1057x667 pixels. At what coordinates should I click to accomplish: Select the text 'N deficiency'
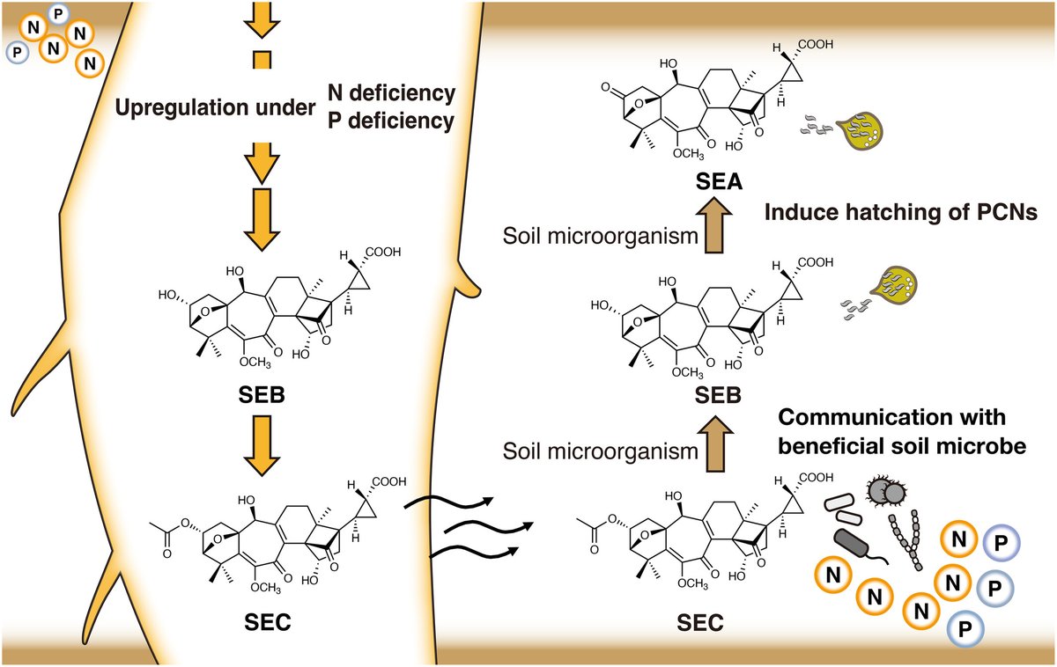(390, 92)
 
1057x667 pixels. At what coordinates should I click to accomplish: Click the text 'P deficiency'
(390, 121)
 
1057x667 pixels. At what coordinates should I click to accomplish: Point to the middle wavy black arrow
(477, 528)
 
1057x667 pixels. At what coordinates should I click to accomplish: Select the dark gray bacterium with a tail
(855, 544)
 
